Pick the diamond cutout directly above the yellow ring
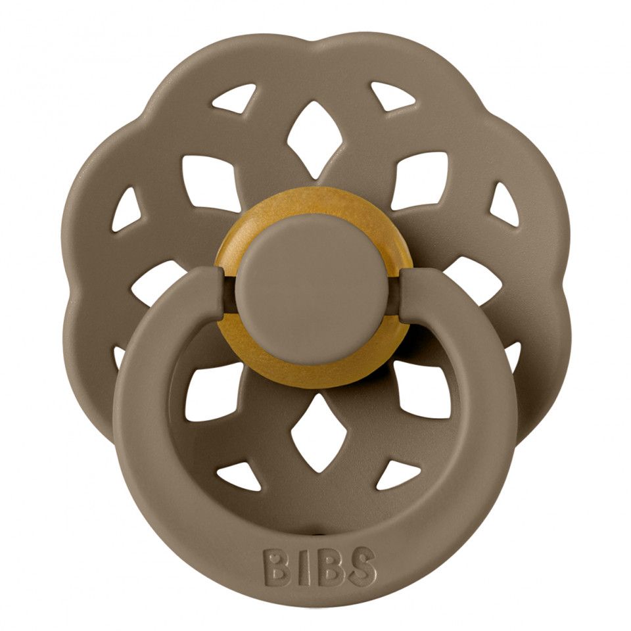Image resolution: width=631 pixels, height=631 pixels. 315,139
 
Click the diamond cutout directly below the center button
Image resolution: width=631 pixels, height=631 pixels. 315,432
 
